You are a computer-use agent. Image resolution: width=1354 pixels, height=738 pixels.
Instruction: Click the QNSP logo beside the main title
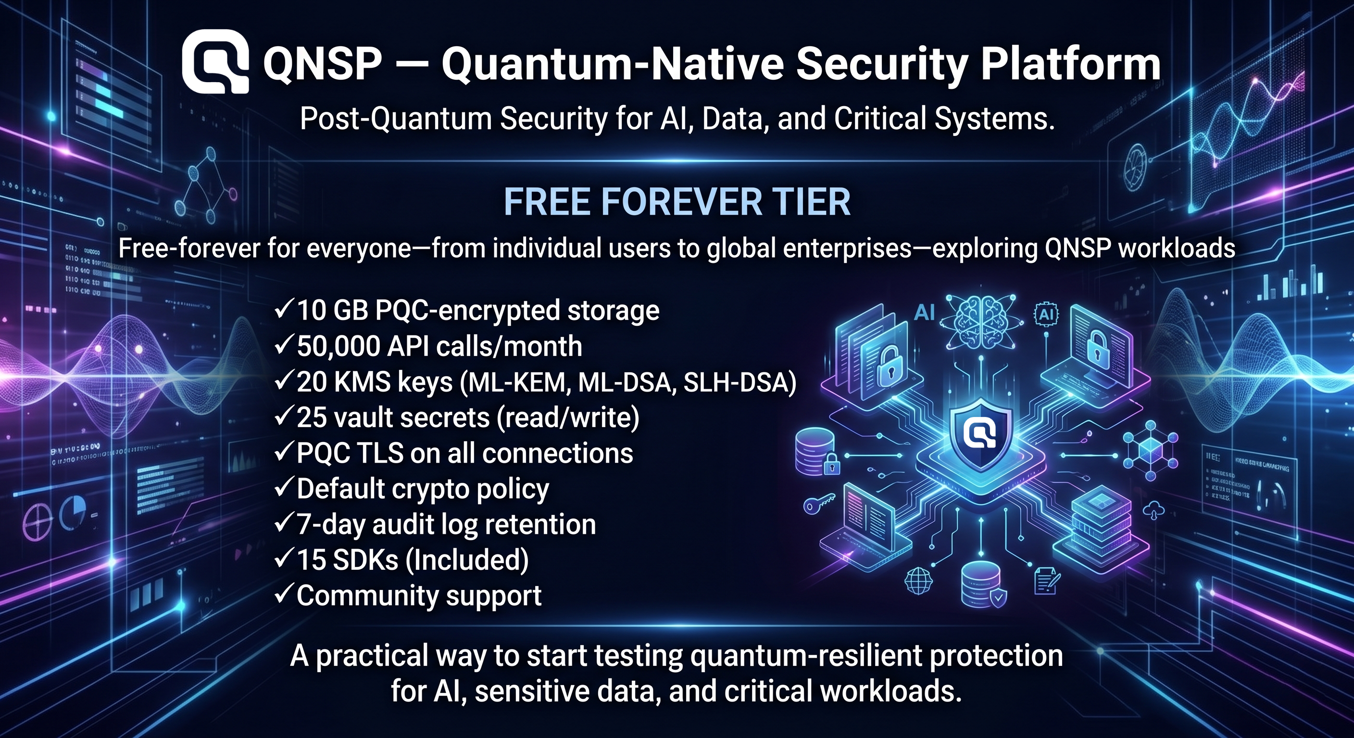215,62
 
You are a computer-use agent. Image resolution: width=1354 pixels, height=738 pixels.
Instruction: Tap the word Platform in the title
1070,64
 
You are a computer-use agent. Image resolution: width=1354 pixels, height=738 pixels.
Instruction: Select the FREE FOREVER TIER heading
677,202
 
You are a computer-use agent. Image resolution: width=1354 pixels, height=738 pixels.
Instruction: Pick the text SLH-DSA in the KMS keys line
739,382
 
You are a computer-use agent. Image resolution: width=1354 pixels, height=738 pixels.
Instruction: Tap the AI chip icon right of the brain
1046,315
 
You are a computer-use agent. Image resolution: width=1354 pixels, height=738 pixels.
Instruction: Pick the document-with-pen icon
1046,581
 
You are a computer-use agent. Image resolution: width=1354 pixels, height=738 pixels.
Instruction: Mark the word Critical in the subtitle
881,119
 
